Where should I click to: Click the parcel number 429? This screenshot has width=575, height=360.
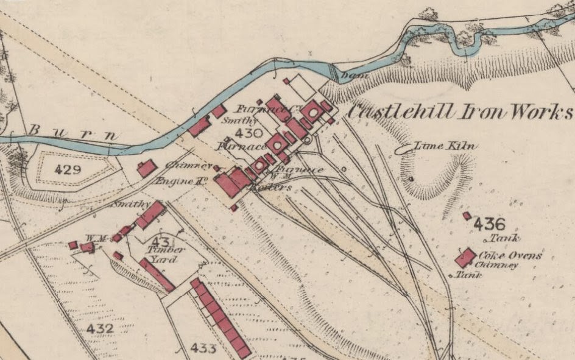(x=68, y=169)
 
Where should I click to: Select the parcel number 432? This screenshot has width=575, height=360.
(x=100, y=329)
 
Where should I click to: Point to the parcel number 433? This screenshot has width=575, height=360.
(x=203, y=348)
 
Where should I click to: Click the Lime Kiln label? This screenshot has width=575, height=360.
(x=446, y=146)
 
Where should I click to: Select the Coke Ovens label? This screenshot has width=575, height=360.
(x=510, y=256)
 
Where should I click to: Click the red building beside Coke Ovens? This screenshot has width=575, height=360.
(x=466, y=258)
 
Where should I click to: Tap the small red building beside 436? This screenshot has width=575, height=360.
(x=467, y=216)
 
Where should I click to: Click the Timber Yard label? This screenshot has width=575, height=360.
(x=164, y=254)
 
